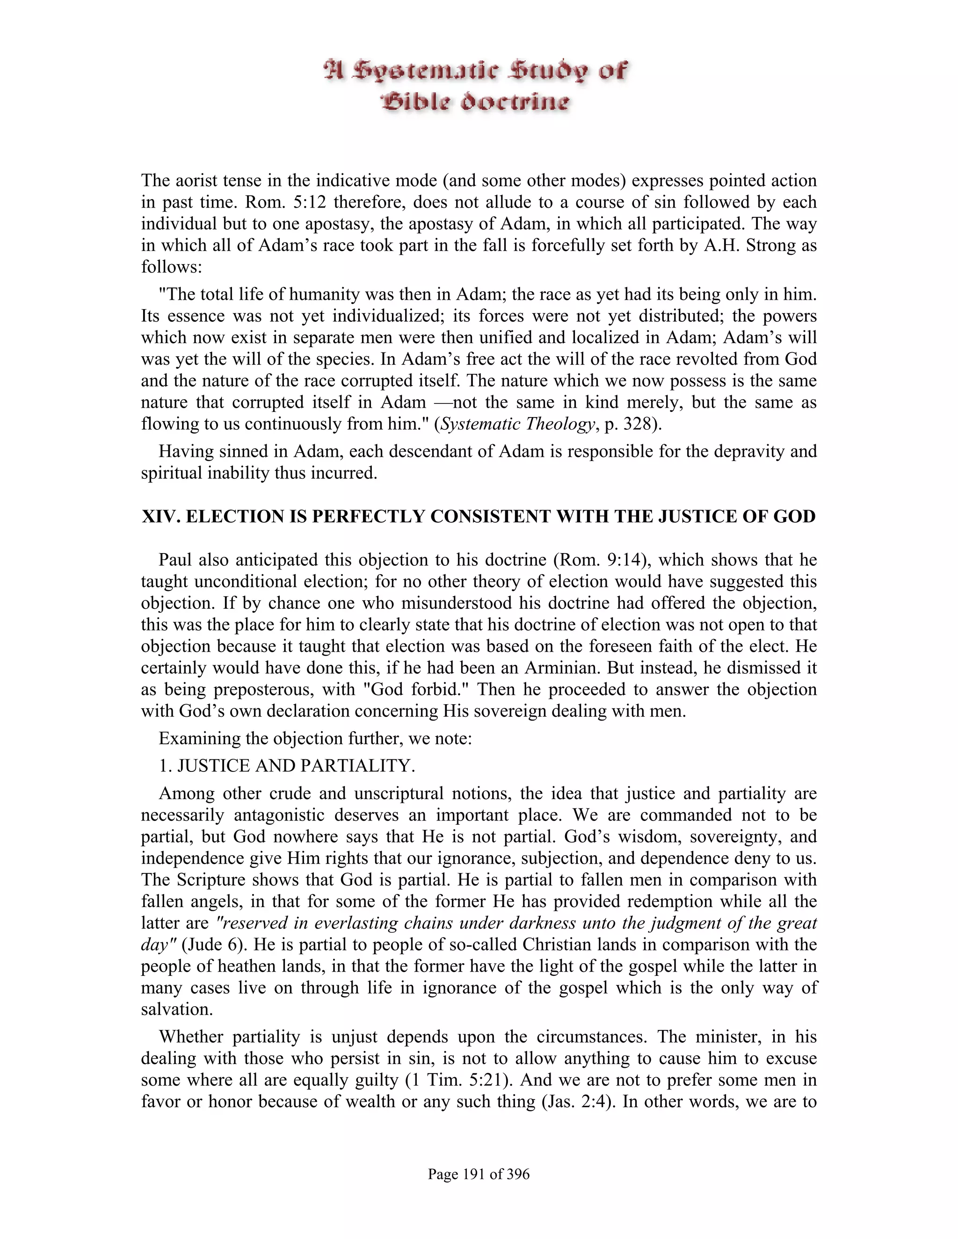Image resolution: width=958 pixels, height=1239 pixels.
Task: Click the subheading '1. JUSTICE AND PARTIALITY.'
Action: coord(287,766)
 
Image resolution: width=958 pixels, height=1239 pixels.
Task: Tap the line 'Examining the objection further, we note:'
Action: coord(315,739)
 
